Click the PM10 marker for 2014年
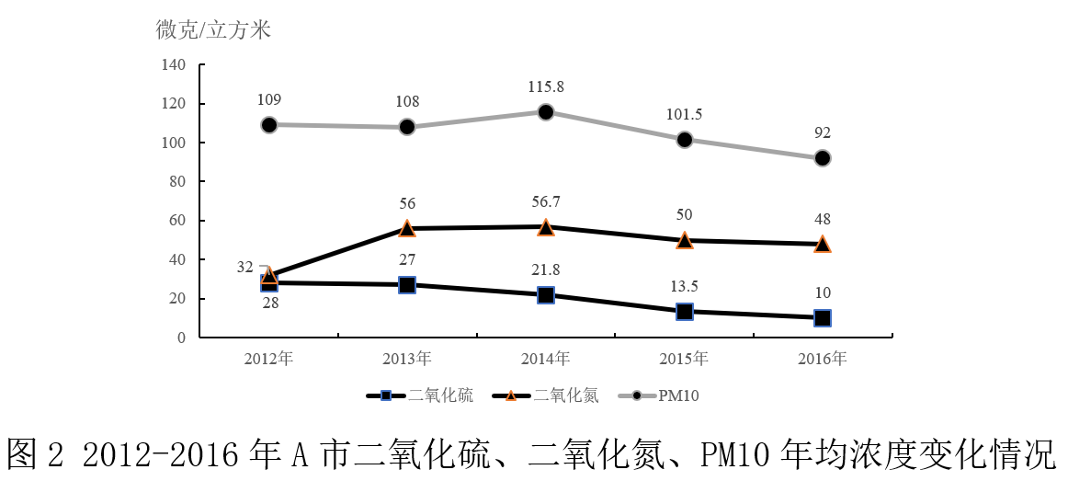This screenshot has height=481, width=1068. point(546,112)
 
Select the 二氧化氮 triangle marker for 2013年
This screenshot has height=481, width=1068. point(407,228)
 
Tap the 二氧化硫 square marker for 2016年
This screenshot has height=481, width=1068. point(823,318)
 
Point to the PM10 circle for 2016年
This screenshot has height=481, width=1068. point(823,158)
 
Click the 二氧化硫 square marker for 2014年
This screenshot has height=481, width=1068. point(546,295)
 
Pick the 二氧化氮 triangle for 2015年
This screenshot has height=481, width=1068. point(684,240)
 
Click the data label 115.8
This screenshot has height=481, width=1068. point(546,86)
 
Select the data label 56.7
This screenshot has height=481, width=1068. point(546,201)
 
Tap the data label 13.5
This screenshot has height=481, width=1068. point(684,286)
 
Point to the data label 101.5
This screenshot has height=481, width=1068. point(684,115)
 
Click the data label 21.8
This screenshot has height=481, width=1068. point(546,269)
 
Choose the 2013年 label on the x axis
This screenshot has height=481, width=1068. point(407,359)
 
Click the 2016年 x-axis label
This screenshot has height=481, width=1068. point(823,359)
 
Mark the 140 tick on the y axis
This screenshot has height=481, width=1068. point(174,65)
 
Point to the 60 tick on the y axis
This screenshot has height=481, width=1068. point(177,221)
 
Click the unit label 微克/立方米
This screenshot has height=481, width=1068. point(213,29)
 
